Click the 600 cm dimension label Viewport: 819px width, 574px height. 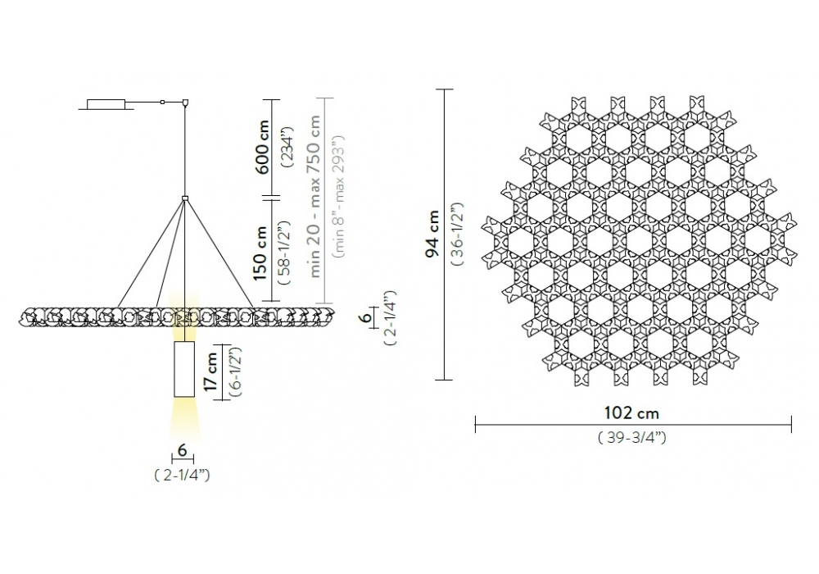[x=262, y=147]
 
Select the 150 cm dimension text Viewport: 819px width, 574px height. [x=262, y=253]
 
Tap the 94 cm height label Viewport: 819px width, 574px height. [x=432, y=234]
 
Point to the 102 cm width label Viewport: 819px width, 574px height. [x=631, y=413]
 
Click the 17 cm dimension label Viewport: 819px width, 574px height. [x=211, y=371]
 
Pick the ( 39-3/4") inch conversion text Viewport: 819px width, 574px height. [x=632, y=437]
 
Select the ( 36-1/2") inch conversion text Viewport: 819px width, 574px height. [x=458, y=235]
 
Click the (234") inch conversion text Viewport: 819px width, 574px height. [x=287, y=147]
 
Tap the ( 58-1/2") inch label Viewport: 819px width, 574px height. [x=286, y=253]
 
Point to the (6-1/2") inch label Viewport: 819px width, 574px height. [x=235, y=371]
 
